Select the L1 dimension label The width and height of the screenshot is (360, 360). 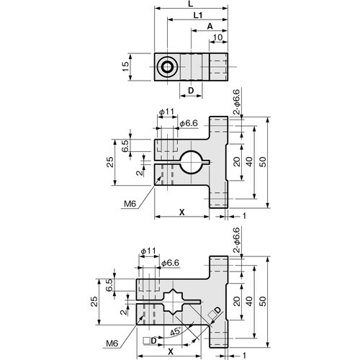pos(197,15)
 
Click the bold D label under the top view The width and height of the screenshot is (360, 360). pos(191,90)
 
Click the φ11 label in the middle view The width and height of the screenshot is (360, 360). pos(166,112)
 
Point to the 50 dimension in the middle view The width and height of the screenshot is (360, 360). pos(261,162)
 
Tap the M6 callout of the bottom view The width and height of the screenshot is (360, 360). pos(112,343)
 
